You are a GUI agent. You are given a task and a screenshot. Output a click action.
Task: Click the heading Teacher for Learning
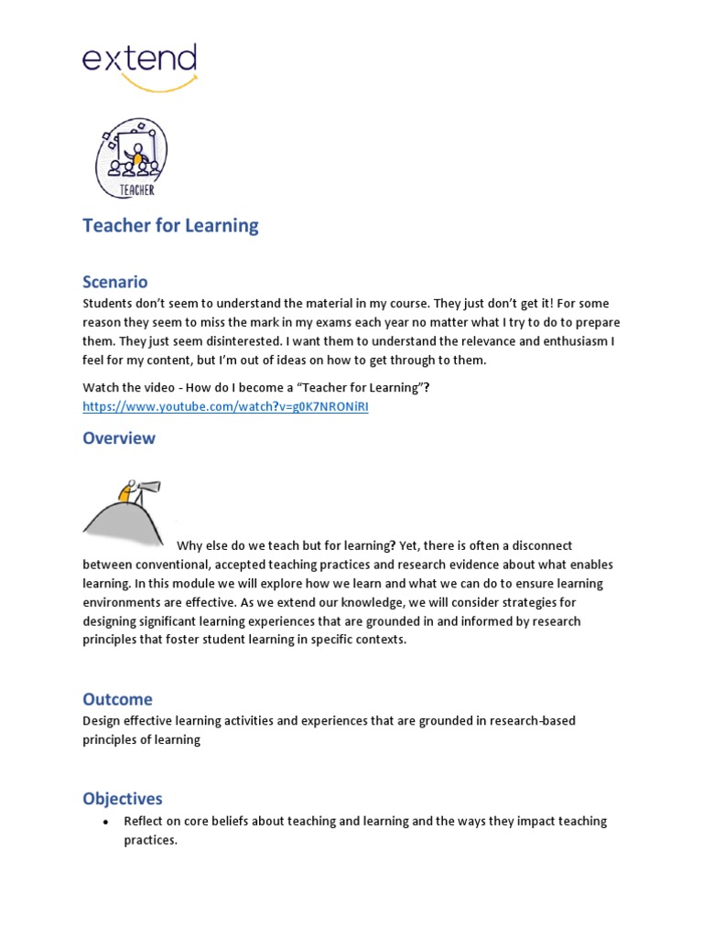coord(170,226)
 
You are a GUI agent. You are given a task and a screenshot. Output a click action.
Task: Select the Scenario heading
coord(114,282)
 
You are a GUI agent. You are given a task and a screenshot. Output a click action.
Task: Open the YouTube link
coord(225,406)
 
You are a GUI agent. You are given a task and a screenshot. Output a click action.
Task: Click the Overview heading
coord(119,437)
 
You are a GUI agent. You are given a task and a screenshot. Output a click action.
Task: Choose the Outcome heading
coord(117,699)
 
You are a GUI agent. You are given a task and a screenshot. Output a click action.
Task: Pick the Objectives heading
coord(123,799)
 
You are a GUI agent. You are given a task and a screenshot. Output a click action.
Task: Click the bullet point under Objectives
coord(104,822)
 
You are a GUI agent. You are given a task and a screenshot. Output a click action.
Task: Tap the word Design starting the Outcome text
coord(101,721)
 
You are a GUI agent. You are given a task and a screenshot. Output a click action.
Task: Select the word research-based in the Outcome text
coord(533,721)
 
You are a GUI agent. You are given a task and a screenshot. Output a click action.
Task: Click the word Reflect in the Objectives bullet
coord(146,822)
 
